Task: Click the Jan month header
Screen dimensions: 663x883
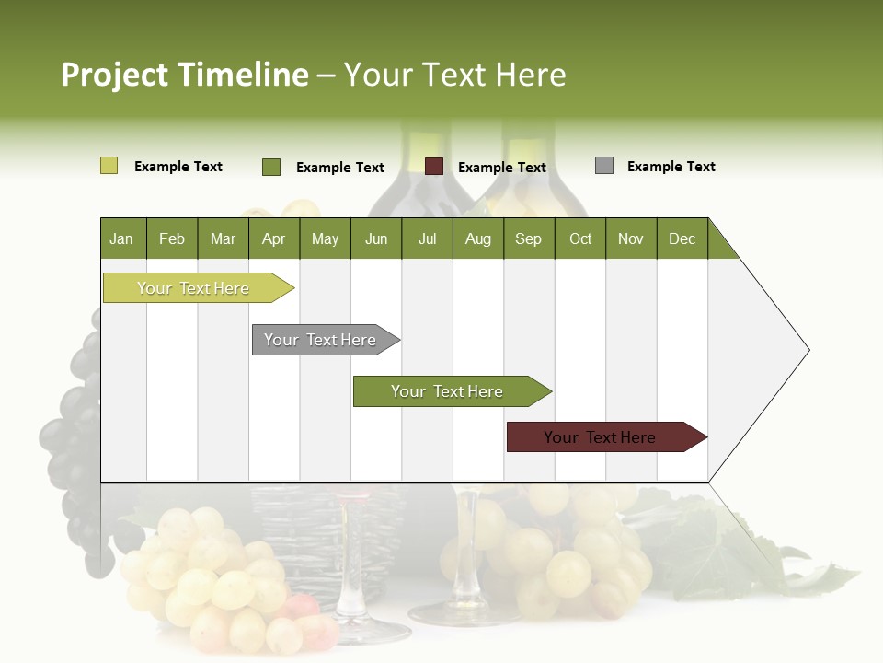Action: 121,238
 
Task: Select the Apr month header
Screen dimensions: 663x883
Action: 273,238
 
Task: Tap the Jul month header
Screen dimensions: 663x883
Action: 427,238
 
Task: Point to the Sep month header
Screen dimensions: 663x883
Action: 528,238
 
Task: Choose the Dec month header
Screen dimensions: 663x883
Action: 682,238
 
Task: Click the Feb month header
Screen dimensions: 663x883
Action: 172,238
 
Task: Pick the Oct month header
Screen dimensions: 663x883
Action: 580,238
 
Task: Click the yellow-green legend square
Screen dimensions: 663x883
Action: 109,166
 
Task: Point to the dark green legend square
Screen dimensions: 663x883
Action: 270,167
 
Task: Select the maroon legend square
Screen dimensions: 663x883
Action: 433,167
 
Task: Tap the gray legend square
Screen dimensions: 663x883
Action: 603,166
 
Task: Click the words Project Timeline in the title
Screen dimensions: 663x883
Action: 185,75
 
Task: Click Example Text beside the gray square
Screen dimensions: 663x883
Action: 671,167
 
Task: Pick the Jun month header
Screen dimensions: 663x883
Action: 376,238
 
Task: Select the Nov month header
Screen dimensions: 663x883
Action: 631,238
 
